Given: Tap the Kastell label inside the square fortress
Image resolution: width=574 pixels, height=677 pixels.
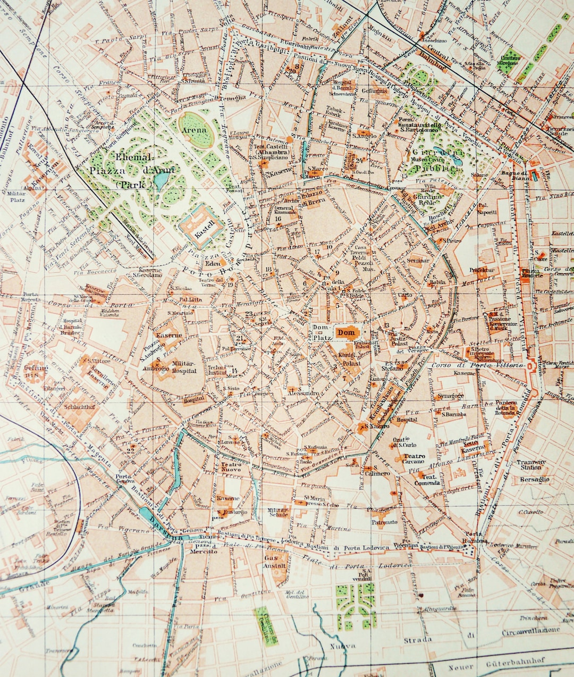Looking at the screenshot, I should coord(202,225).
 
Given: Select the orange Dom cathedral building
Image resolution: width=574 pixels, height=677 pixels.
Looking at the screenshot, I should coord(345,333).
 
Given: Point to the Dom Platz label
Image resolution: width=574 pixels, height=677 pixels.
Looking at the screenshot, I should coord(322,332).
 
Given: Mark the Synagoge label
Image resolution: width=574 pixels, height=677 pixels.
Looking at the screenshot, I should coord(451,396).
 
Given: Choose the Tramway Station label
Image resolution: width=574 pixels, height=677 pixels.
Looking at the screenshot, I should coord(530,465).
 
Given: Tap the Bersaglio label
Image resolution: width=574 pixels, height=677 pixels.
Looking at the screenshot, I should coord(534,479).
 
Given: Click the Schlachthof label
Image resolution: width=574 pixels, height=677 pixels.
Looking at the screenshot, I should coord(79,407).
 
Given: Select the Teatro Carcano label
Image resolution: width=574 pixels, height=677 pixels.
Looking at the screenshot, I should coord(413,459).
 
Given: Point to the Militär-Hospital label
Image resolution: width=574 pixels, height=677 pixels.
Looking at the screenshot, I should coord(184,367).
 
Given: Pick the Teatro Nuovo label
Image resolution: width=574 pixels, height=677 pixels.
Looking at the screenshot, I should coord(230,467).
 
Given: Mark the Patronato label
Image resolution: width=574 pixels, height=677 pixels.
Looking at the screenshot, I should coord(384,522).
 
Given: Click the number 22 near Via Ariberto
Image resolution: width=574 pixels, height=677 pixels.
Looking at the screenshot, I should coord(130,450).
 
